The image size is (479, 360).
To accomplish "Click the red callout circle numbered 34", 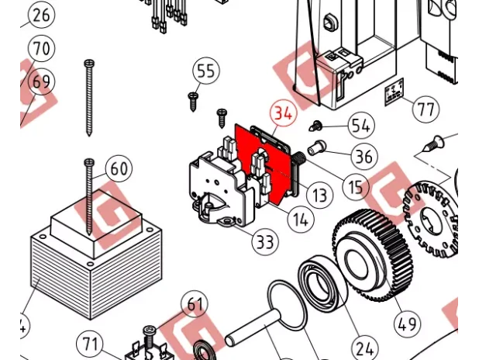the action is (283, 112).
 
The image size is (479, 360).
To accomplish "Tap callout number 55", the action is (206, 71).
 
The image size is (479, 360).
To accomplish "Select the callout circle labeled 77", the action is (426, 109).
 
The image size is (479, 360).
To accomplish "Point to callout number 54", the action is (361, 126).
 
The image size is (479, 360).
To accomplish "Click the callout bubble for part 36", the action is (364, 156).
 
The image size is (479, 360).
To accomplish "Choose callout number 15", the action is (355, 186).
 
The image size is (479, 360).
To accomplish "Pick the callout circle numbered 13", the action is (319, 195).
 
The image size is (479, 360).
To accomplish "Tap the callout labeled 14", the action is (301, 220).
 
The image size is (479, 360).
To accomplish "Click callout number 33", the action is (265, 242).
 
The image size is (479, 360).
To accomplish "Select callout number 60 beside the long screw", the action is (119, 168).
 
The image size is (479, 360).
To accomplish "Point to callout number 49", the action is (407, 324).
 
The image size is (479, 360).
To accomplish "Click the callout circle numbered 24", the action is (365, 348).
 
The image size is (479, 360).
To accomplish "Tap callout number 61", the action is (195, 304).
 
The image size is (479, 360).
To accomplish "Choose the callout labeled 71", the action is (89, 344).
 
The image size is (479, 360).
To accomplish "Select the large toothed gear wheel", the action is (372, 255).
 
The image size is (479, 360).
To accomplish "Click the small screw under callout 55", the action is (193, 102).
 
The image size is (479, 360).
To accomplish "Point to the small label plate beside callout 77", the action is (395, 92).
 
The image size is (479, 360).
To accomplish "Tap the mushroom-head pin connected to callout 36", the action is (316, 147).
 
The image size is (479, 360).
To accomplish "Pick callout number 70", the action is (41, 48).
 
